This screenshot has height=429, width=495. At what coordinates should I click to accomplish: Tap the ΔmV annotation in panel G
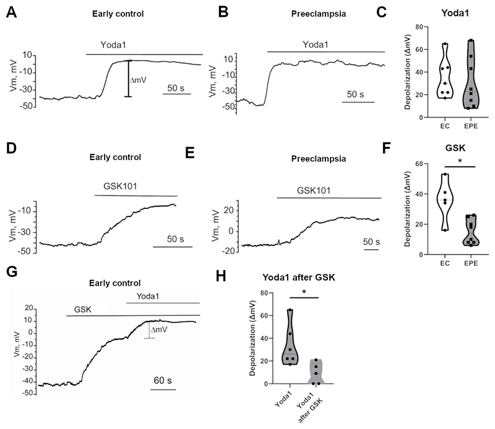(x=160, y=330)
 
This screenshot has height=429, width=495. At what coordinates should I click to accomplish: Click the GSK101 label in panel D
(x=119, y=185)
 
